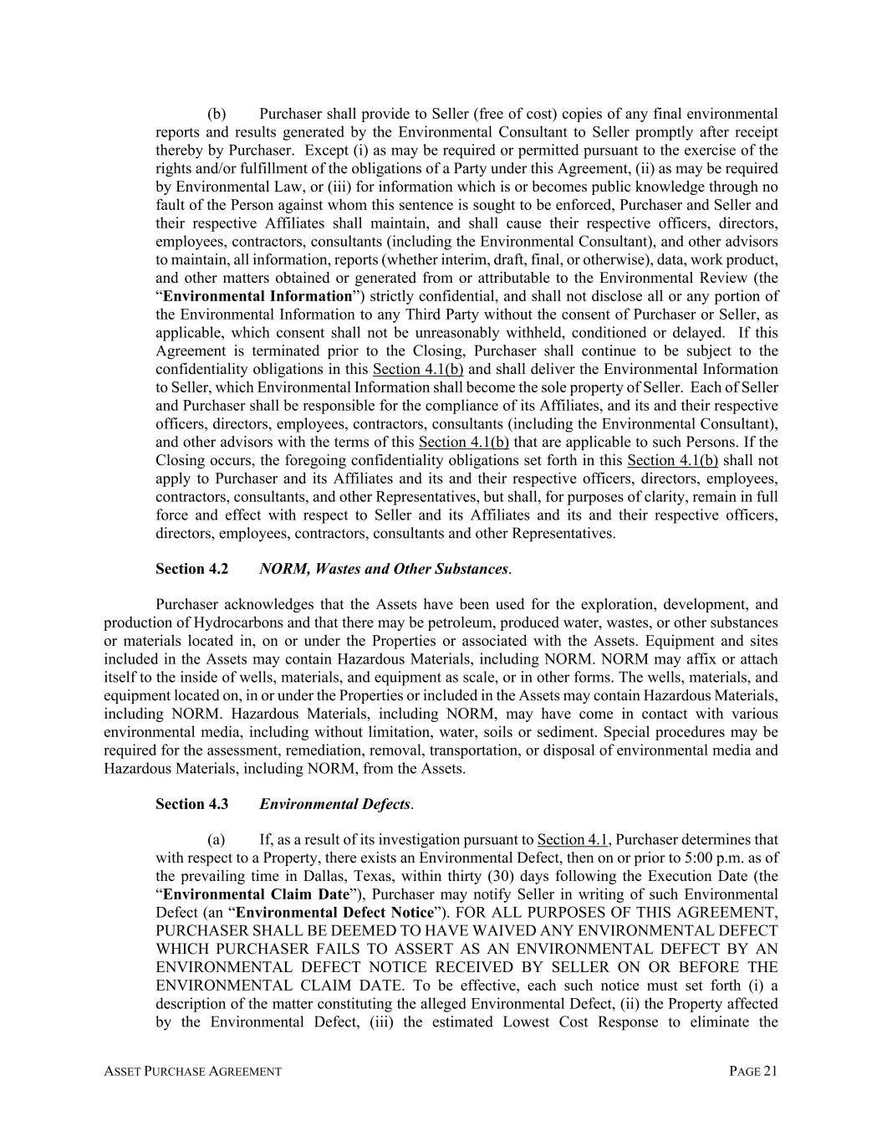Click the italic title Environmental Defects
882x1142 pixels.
tap(335, 804)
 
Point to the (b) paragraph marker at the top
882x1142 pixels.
tap(217, 114)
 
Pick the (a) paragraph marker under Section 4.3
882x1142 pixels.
tap(217, 839)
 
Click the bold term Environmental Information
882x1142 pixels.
tap(257, 296)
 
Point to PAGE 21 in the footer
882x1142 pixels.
tap(753, 1071)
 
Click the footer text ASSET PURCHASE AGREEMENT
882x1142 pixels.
tap(192, 1072)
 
